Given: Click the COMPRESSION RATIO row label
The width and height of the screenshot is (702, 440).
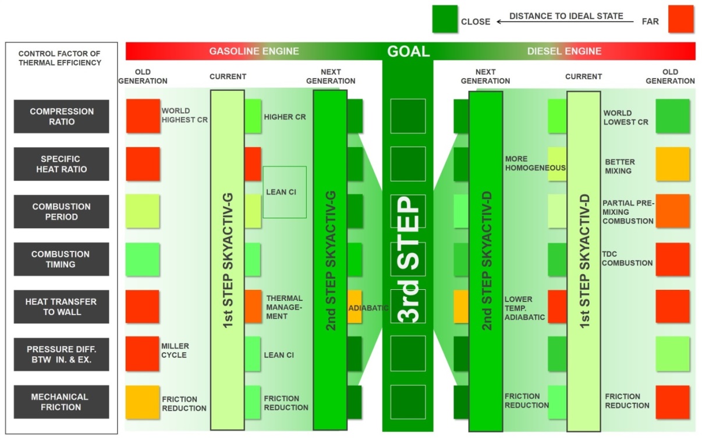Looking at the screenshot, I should coord(62,116).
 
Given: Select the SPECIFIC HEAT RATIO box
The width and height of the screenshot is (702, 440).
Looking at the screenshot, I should coord(62,164).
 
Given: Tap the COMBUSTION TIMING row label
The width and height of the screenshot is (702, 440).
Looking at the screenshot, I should coord(62,259).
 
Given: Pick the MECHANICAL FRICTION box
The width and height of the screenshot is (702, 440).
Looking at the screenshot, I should coord(62,402).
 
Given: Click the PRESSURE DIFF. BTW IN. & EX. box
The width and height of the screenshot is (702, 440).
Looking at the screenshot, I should coord(62,354).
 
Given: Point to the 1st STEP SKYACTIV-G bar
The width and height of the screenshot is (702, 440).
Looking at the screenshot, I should coord(227,260).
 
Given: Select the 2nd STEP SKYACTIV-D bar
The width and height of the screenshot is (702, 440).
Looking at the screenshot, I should coord(485,260).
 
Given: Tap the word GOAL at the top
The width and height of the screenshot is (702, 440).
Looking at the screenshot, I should coord(408,51).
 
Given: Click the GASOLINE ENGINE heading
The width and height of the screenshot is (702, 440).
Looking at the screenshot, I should coord(254,51).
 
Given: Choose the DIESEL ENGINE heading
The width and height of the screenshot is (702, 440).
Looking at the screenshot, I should coord(564,51).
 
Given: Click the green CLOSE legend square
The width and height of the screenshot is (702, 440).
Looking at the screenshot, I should coord(445,19).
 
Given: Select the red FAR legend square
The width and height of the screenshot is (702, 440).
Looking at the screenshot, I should coord(680,19).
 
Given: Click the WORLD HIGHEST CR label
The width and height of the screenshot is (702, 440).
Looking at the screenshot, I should coord(185,115).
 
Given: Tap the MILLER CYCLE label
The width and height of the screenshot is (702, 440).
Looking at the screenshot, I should coord(175,350).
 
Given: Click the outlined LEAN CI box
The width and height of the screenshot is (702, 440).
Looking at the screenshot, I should coord(285,192).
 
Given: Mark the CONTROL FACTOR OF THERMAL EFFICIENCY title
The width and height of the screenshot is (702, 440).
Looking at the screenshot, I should coord(60,58).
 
